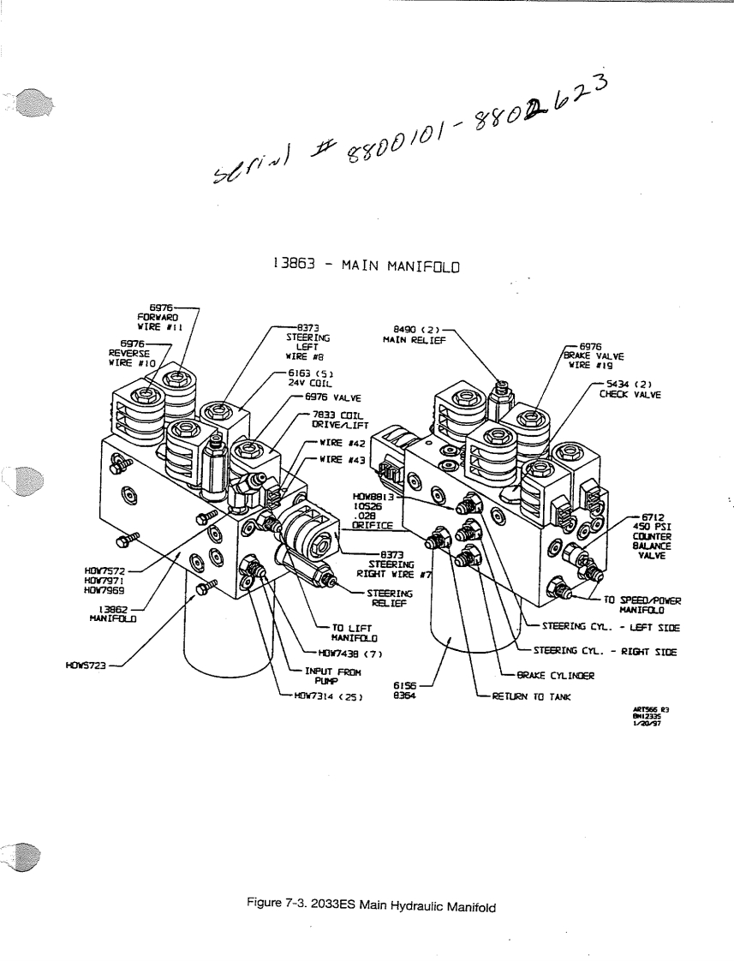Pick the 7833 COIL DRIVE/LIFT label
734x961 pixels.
click(x=340, y=420)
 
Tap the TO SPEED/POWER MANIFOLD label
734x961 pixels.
click(x=642, y=605)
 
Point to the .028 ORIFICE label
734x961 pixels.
click(x=371, y=519)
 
